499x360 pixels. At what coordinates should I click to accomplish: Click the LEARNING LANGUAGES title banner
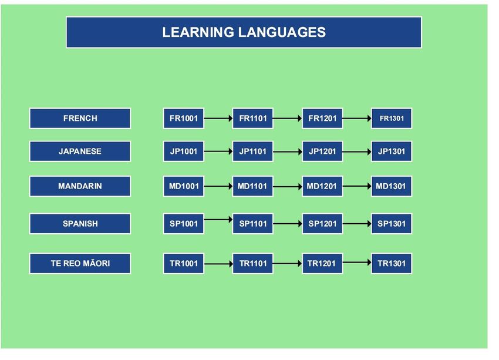(x=244, y=32)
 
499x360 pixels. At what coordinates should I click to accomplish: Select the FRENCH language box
(x=80, y=119)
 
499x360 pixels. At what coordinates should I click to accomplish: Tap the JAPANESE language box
(x=80, y=151)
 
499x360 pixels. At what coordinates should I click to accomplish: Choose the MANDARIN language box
(x=80, y=186)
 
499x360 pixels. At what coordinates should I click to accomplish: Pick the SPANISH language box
(x=80, y=223)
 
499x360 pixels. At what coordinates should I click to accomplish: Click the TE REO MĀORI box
(x=80, y=263)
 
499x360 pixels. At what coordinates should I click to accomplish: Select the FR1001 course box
(x=184, y=119)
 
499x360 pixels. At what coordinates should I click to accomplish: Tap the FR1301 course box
(x=392, y=119)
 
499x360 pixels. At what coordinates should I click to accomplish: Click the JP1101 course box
(x=252, y=151)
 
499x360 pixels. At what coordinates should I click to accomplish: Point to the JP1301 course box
(x=392, y=151)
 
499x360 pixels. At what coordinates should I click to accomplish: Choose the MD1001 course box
(x=184, y=186)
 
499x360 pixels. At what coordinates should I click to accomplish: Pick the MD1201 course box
(x=322, y=186)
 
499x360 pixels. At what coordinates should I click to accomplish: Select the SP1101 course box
(x=252, y=223)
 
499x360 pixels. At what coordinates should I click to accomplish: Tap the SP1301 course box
(x=392, y=223)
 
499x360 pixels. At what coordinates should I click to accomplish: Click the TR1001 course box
(x=184, y=263)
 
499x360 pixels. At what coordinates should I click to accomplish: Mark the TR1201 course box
(x=322, y=263)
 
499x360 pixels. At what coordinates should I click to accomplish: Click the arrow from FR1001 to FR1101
(x=218, y=119)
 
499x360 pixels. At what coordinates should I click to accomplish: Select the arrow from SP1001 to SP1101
(x=218, y=219)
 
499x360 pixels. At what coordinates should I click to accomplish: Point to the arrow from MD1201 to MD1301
(x=357, y=186)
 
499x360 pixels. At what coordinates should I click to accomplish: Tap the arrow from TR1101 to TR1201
(x=288, y=263)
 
